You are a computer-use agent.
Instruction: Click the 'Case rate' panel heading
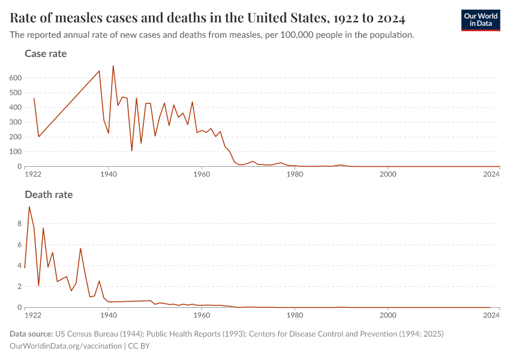[46, 54]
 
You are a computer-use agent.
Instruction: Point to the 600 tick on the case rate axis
[15, 78]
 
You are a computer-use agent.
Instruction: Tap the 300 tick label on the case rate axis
[15, 122]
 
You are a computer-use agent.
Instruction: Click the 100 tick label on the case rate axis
[15, 152]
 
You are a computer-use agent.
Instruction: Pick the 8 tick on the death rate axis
[19, 224]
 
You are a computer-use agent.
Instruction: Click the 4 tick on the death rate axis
[19, 266]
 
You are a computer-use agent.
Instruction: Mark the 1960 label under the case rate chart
[202, 175]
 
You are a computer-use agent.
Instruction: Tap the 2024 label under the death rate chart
[491, 315]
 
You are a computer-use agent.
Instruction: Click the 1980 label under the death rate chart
[295, 315]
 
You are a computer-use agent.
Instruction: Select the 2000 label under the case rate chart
[388, 175]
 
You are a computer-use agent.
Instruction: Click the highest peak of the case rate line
[113, 66]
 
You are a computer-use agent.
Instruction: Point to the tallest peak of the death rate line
[29, 207]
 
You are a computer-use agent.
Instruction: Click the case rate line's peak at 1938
[99, 71]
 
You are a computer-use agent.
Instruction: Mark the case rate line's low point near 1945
[132, 151]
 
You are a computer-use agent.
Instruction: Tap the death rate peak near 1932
[80, 248]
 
